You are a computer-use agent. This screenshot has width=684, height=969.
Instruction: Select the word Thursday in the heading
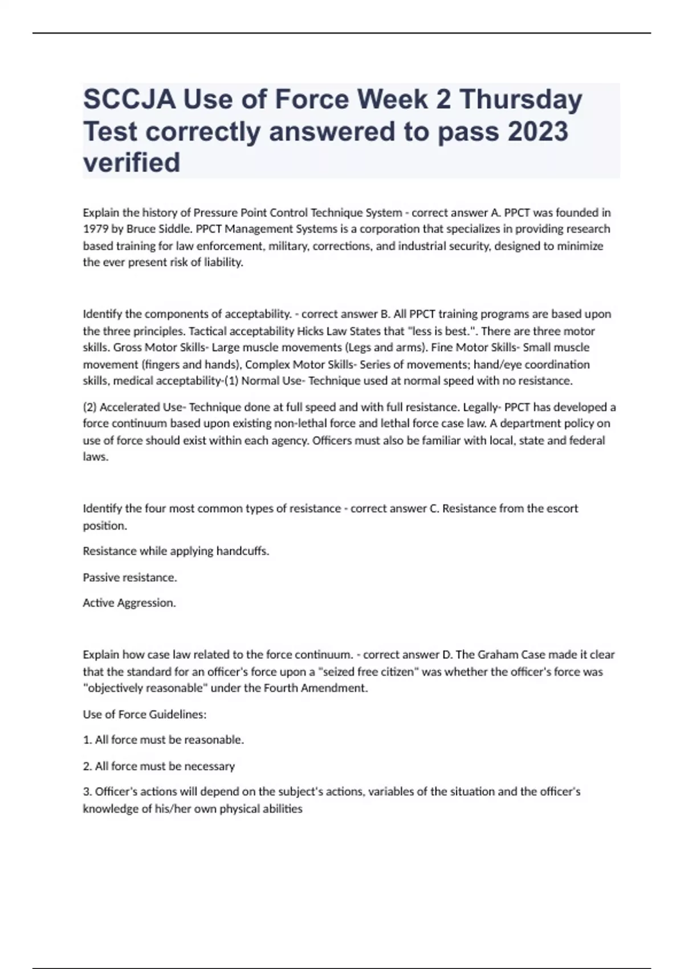tap(520, 100)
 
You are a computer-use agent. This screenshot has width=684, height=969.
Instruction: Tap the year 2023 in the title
tap(538, 132)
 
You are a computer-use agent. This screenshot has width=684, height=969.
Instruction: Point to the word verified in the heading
tap(132, 163)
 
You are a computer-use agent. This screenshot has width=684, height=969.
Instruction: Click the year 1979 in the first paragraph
tap(94, 229)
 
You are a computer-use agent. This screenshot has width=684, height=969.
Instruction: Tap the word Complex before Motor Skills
tap(266, 365)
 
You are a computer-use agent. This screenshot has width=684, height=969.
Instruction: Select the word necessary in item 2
tap(208, 767)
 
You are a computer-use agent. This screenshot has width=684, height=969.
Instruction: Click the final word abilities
tap(279, 809)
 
